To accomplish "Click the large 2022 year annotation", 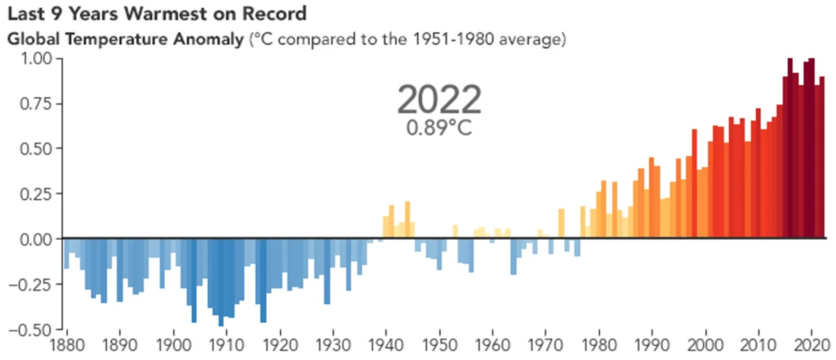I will click(439, 100).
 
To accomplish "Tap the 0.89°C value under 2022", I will click(439, 128).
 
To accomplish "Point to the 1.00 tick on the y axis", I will click(35, 60).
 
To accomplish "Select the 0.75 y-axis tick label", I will click(35, 104).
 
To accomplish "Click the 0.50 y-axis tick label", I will click(35, 149).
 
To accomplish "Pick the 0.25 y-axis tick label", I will click(35, 193).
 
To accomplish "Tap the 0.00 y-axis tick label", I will click(35, 238).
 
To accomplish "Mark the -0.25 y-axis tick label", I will click(33, 284).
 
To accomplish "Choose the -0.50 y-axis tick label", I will click(33, 329).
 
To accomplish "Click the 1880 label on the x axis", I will click(66, 344).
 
